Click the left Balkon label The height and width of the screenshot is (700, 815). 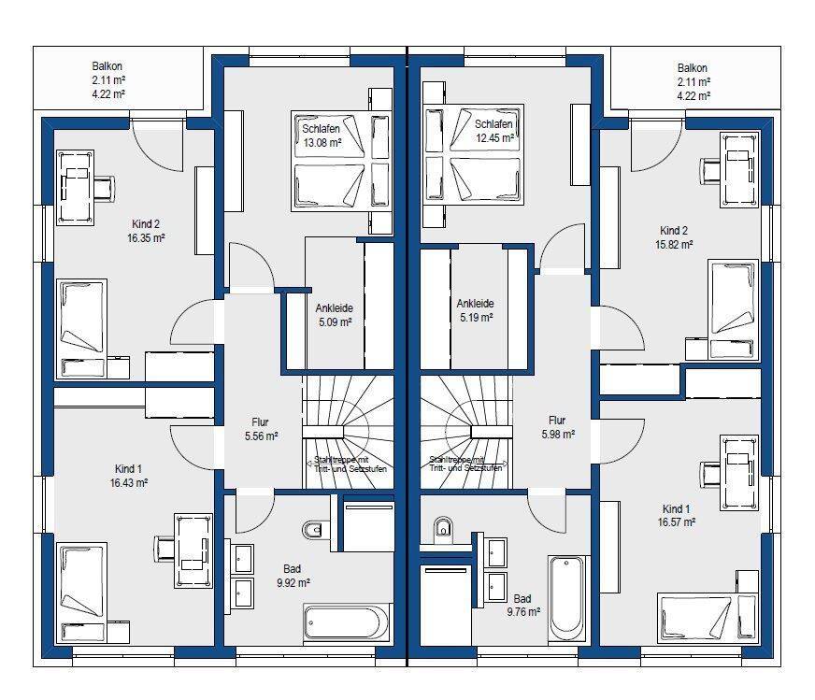(x=108, y=80)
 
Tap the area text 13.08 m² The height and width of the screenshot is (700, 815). (x=322, y=142)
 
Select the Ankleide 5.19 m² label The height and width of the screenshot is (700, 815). (x=476, y=310)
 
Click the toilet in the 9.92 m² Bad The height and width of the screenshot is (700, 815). (x=312, y=530)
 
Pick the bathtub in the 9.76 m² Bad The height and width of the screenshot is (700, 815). (x=566, y=599)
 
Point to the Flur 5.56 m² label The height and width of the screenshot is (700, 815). (x=261, y=429)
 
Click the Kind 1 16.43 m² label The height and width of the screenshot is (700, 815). (x=129, y=476)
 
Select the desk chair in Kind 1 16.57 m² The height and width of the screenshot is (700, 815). (x=710, y=474)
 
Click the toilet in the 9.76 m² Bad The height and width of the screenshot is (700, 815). (x=443, y=526)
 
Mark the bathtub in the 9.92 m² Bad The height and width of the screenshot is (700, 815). (x=346, y=623)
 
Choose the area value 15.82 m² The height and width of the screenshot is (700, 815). (x=674, y=244)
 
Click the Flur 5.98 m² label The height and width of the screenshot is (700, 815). (x=558, y=427)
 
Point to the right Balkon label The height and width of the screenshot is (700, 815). (x=693, y=81)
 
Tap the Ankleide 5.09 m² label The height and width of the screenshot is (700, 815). (x=335, y=315)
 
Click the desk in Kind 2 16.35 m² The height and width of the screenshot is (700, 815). (x=75, y=188)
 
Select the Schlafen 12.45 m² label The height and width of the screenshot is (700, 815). (x=494, y=131)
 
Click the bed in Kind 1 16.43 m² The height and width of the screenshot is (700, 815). (x=81, y=593)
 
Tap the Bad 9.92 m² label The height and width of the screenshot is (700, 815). (x=293, y=576)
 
